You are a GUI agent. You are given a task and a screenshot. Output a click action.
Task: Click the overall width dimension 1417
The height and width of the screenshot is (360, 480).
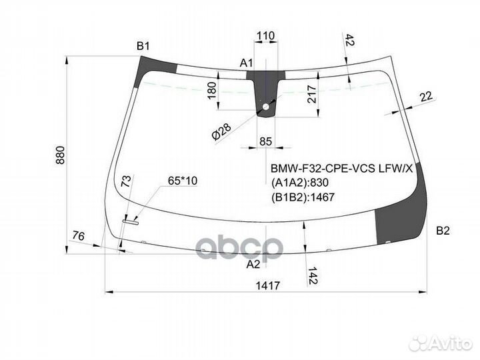[268, 285]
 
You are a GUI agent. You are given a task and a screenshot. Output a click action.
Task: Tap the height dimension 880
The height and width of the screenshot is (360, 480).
[61, 155]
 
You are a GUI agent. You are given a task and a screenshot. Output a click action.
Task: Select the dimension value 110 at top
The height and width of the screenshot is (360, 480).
[265, 36]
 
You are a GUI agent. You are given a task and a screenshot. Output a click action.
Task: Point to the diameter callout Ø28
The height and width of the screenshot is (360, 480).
[221, 131]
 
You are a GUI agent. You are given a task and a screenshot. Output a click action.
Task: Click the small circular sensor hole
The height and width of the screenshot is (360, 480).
[265, 107]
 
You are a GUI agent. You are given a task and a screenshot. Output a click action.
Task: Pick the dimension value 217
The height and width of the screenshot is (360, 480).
[311, 94]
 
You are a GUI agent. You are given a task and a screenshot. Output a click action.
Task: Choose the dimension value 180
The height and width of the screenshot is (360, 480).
[212, 90]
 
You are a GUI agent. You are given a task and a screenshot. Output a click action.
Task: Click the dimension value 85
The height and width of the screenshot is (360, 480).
[265, 141]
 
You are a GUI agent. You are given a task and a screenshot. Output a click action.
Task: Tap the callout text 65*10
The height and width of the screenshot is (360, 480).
[183, 181]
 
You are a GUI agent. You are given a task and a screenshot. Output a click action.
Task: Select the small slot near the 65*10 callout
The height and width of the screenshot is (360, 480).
[131, 222]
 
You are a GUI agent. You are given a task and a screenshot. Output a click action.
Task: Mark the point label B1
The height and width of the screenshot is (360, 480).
[143, 47]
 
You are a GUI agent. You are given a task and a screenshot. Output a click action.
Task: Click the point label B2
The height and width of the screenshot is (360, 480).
[443, 231]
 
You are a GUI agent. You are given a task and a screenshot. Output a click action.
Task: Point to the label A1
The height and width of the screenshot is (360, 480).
[247, 63]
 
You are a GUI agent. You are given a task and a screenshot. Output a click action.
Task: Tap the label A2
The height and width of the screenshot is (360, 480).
[253, 264]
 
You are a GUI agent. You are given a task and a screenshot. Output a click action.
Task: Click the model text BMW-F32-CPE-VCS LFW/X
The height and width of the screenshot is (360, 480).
[341, 168]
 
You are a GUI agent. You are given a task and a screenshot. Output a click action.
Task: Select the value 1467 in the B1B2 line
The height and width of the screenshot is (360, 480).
[323, 197]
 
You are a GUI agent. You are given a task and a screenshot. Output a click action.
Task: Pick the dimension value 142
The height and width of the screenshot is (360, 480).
[313, 275]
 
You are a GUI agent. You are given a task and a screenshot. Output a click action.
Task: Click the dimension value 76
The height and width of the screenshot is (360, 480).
[79, 236]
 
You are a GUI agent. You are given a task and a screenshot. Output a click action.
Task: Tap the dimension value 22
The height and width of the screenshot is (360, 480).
[427, 97]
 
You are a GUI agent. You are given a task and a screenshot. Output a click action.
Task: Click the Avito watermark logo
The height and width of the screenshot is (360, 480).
[441, 343]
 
